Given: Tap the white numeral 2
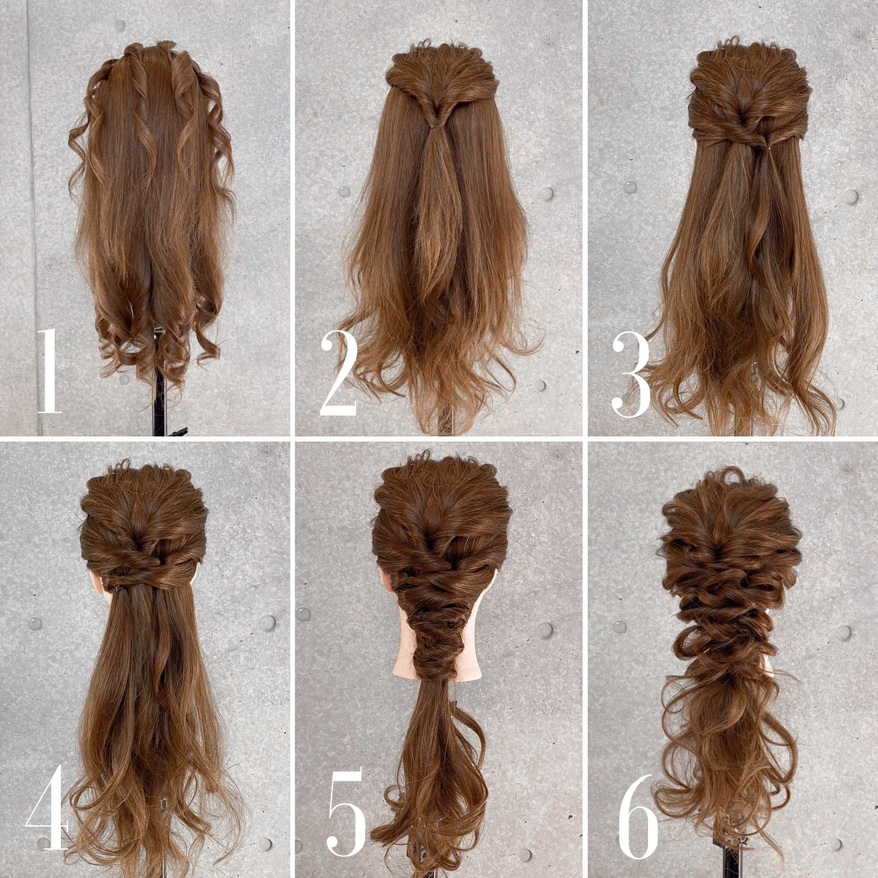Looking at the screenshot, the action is (339, 373).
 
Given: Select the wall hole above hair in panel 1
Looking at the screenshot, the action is (120, 25).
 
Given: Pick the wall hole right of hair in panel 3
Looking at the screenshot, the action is (851, 197).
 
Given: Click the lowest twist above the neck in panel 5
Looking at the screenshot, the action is (436, 668).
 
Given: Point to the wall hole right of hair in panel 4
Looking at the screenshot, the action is (268, 622).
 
